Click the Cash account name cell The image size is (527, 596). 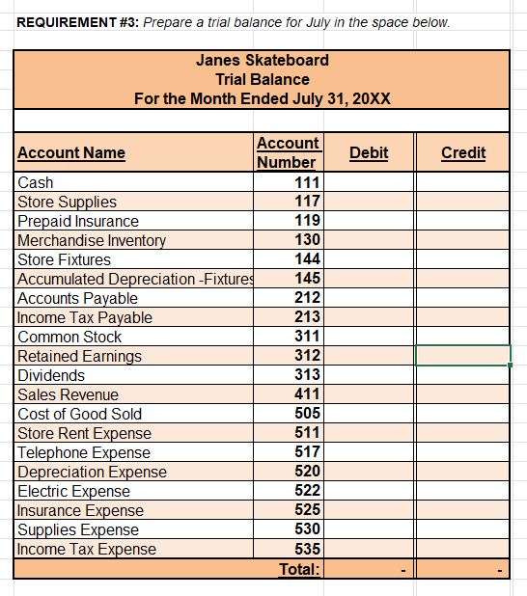coord(36,182)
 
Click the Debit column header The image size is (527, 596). coord(368,152)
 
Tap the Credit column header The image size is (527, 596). coord(462,152)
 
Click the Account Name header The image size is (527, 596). coord(71,152)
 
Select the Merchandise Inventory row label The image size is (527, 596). coord(92,240)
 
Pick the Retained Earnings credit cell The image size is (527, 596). coord(462,356)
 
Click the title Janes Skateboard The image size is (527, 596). coord(263,60)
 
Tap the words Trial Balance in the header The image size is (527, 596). coord(263,79)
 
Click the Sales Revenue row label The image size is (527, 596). coord(68,394)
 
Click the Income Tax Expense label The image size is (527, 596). coord(87,549)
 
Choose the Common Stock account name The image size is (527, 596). coord(69,337)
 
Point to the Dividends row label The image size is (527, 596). coord(51,375)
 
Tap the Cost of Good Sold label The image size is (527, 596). coord(80,414)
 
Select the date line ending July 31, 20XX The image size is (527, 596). coord(263,98)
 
